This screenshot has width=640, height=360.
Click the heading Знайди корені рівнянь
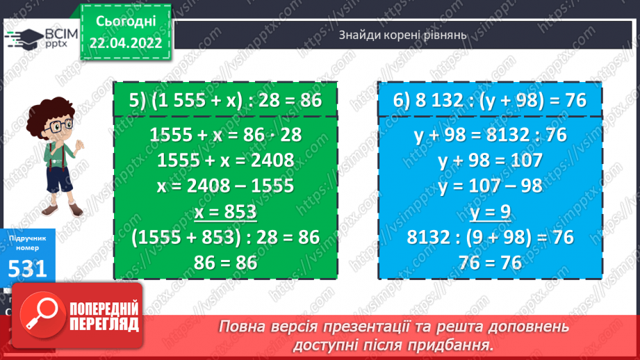point(403,34)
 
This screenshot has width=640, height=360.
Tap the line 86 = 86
point(226,262)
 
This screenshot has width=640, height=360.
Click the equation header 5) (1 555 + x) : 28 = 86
point(226,100)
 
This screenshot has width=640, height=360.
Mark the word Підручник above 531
point(28,238)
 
